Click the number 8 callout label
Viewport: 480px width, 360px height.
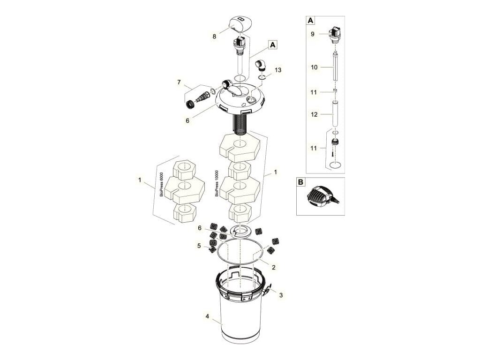coord(214,37)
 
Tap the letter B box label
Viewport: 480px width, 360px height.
coord(300,182)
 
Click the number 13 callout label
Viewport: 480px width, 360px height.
coord(277,70)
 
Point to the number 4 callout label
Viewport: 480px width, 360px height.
coord(207,316)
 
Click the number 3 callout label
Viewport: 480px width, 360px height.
coord(281,295)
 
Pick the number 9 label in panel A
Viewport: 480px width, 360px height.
coord(312,34)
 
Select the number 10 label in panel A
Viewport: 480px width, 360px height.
coord(314,67)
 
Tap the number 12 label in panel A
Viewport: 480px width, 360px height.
coord(314,114)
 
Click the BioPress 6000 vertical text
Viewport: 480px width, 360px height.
coord(161,184)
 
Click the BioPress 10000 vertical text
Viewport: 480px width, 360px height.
coord(217,183)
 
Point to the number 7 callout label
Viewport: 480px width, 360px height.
coord(179,82)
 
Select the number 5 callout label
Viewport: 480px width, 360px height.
coord(199,246)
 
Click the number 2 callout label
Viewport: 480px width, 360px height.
coord(273,267)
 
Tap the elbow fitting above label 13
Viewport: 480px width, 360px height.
coord(261,66)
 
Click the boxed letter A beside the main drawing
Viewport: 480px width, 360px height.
coord(272,45)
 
